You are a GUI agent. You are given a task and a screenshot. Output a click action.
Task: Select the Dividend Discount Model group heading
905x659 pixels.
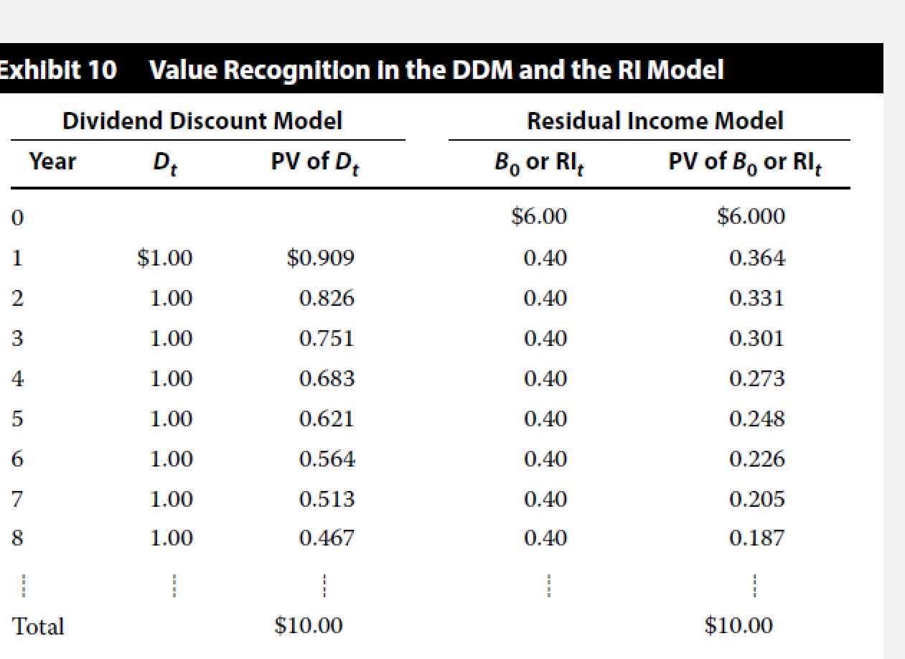pyautogui.click(x=202, y=121)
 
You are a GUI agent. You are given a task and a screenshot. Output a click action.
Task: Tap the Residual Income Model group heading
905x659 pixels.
pyautogui.click(x=655, y=121)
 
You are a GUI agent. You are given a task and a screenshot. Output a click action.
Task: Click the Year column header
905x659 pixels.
pyautogui.click(x=52, y=162)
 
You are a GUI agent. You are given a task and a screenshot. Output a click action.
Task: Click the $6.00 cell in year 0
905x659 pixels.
pyautogui.click(x=539, y=216)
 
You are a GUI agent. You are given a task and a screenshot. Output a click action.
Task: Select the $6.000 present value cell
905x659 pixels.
pyautogui.click(x=751, y=216)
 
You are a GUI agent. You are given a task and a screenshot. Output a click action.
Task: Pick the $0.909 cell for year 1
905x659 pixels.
pyautogui.click(x=320, y=257)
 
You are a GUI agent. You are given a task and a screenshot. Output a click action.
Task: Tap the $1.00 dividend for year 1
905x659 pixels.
pyautogui.click(x=165, y=257)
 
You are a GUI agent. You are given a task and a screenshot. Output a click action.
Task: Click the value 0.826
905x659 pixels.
pyautogui.click(x=327, y=297)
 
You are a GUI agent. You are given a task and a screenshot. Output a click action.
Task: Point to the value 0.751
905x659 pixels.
pyautogui.click(x=327, y=337)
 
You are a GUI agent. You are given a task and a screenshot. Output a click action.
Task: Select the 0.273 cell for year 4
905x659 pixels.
pyautogui.click(x=756, y=378)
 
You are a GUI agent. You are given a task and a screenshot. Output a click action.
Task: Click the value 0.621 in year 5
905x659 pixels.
pyautogui.click(x=327, y=418)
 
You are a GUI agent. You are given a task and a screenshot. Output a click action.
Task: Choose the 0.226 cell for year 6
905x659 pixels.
pyautogui.click(x=756, y=458)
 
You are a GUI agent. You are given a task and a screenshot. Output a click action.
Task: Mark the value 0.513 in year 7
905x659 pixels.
pyautogui.click(x=327, y=498)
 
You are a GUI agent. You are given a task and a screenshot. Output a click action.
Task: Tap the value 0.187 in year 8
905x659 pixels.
pyautogui.click(x=756, y=538)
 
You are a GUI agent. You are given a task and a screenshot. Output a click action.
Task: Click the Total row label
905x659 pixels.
pyautogui.click(x=39, y=627)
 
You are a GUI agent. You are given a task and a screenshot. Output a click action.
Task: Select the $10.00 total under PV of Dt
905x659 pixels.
pyautogui.click(x=309, y=626)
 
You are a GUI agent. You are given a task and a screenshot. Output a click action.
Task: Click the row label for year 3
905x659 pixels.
pyautogui.click(x=17, y=338)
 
